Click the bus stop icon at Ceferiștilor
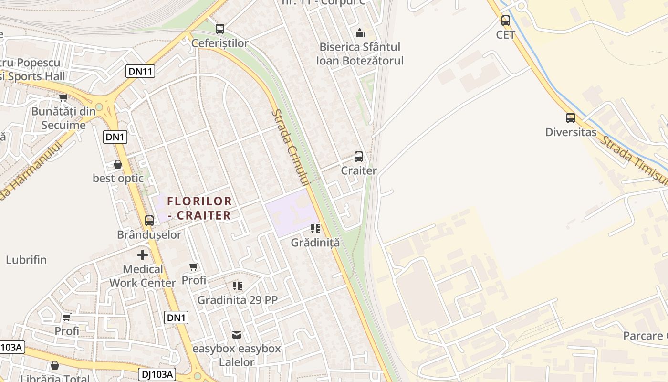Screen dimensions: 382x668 [220, 29]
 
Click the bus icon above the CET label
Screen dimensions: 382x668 [506, 21]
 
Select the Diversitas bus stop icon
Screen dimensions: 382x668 [571, 117]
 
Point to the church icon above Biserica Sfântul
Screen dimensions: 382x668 [360, 33]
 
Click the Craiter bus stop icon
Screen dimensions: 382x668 [359, 157]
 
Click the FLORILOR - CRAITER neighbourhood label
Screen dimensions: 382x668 [200, 208]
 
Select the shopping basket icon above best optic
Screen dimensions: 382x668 [118, 164]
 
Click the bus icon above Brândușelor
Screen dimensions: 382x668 [149, 221]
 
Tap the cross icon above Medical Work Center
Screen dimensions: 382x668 [143, 255]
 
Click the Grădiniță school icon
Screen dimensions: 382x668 [315, 229]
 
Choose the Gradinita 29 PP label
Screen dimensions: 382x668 [237, 300]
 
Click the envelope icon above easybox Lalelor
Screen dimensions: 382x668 [237, 334]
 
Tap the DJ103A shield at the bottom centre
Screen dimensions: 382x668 [157, 374]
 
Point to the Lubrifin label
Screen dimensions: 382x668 [26, 260]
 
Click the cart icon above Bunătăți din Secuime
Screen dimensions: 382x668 [63, 98]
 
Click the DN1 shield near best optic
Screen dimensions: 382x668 [115, 137]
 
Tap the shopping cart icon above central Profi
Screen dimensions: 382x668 [193, 266]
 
